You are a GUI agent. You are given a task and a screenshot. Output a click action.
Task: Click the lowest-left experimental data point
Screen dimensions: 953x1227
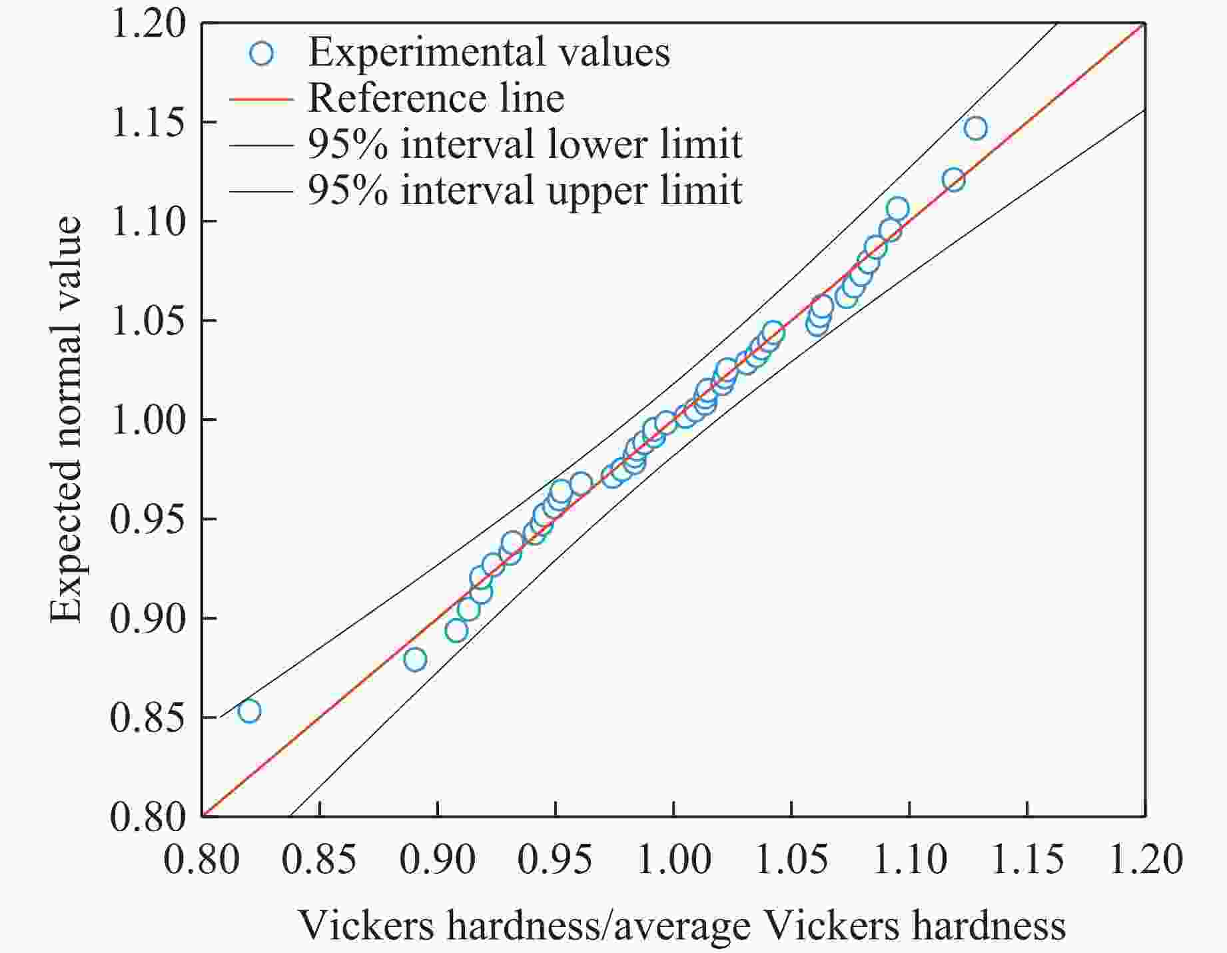249,711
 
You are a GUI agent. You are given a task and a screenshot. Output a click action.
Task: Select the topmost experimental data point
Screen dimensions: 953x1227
975,128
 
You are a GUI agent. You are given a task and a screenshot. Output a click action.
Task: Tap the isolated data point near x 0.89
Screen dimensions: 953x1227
415,659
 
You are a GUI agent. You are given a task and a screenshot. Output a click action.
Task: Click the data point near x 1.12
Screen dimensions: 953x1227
953,179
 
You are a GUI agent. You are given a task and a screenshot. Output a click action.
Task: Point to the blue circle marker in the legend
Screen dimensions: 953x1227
262,53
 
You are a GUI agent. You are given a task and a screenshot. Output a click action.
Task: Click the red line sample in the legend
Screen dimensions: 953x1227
261,99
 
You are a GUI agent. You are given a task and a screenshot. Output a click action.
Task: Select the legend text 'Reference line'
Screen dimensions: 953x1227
436,99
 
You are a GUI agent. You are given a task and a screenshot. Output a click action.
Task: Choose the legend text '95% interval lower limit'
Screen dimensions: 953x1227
524,145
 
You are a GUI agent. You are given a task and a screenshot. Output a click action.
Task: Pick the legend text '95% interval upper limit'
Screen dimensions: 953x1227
524,190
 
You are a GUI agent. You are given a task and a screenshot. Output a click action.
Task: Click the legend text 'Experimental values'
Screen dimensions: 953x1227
489,53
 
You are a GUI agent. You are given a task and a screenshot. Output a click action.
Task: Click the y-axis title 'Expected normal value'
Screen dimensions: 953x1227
67,420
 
